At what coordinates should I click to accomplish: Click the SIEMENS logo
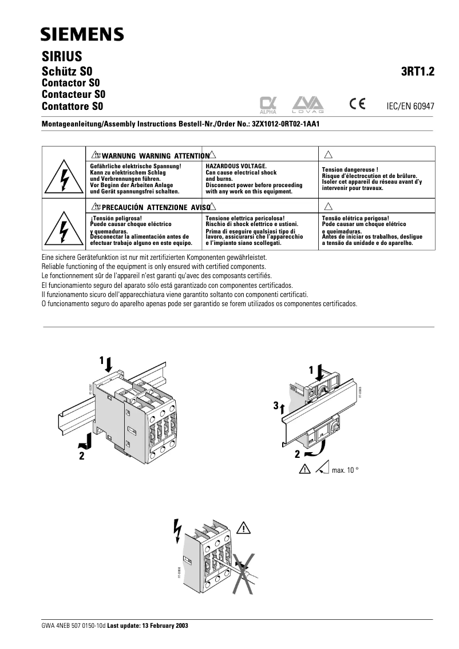pyautogui.click(x=81, y=35)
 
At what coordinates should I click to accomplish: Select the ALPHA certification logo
pyautogui.click(x=268, y=104)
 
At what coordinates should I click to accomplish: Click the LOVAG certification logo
pyautogui.click(x=308, y=104)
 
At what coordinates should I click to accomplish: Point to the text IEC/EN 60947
pyautogui.click(x=411, y=106)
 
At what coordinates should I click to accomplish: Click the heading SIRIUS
pyautogui.click(x=62, y=57)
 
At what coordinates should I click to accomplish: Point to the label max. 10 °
pyautogui.click(x=345, y=470)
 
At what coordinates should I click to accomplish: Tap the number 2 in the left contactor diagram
pyautogui.click(x=82, y=456)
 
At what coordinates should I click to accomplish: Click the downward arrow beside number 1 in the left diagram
pyautogui.click(x=110, y=362)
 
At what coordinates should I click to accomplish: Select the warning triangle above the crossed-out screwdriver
pyautogui.click(x=246, y=528)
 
